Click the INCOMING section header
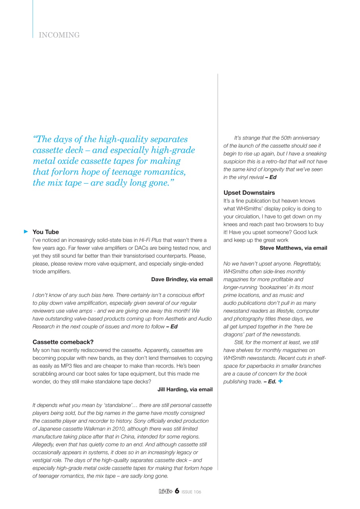point(59,35)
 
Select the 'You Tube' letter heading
point(45,232)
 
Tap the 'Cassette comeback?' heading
point(63,342)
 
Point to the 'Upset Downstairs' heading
point(249,193)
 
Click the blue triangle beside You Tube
point(26,231)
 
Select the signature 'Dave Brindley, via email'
point(181,280)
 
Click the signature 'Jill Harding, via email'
point(185,390)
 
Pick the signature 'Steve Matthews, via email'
point(293,248)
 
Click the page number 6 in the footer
point(177,491)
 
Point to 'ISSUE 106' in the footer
point(191,492)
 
